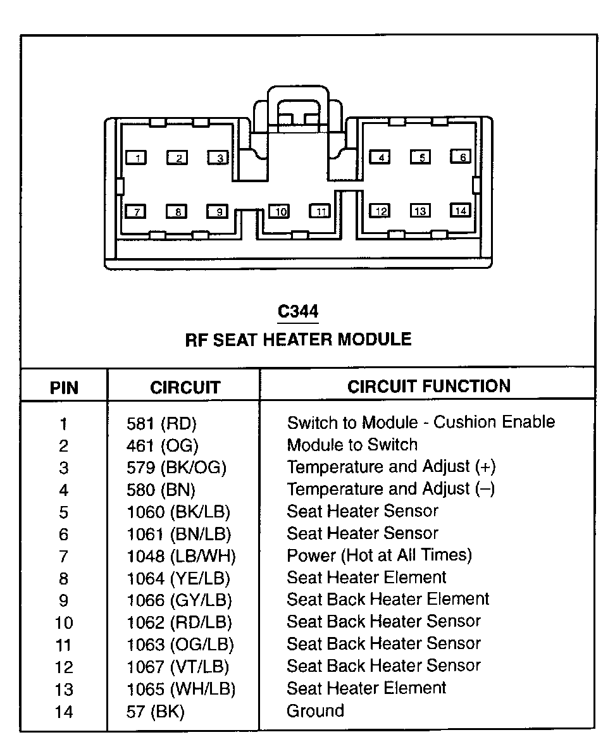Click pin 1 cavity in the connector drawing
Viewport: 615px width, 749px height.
tap(137, 158)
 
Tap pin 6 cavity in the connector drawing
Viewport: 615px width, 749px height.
tap(461, 157)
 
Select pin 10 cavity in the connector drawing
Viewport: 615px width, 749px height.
tap(279, 211)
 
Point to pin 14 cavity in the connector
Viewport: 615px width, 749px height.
tap(461, 211)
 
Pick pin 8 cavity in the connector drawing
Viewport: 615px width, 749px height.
tap(178, 211)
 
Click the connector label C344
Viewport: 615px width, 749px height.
tap(298, 311)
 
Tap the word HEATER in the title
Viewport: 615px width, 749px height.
tap(297, 340)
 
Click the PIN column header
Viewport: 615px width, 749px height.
tap(64, 388)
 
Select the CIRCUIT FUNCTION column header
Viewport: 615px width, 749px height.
tap(428, 387)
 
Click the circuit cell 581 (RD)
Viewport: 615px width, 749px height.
tap(161, 424)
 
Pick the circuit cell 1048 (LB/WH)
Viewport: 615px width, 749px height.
tap(182, 557)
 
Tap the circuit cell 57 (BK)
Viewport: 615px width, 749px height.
tap(155, 712)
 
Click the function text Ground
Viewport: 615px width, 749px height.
tap(315, 710)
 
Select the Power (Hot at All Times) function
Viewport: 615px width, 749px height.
tap(379, 555)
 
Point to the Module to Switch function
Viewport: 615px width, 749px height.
tap(352, 445)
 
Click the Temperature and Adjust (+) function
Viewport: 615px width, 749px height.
tap(391, 467)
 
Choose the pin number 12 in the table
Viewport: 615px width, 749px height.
tap(64, 667)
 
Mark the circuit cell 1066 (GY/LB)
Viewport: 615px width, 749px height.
tap(179, 601)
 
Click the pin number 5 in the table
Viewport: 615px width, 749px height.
tap(64, 512)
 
